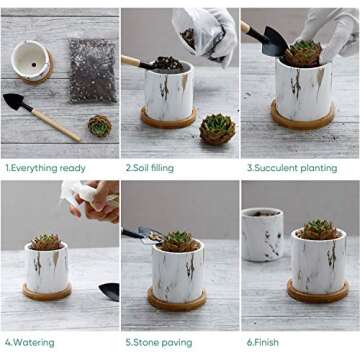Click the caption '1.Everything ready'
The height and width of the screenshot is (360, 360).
coord(45,168)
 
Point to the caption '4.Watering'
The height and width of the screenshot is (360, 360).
coord(30,341)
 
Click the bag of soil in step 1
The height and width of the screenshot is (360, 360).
coord(92,70)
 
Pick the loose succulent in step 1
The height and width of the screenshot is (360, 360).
coord(99,126)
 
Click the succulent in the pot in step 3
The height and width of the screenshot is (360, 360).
coord(304,53)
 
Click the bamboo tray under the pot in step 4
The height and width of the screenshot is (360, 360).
coord(47,292)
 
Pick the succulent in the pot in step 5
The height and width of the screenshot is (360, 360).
coord(178,241)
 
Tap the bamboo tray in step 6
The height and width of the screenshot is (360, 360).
coord(318,294)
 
